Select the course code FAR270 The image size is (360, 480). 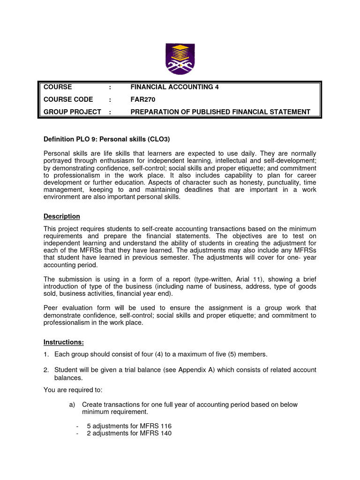coord(142,99)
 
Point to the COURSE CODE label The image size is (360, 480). coord(68,99)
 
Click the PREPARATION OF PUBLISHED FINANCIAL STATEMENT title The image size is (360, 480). coord(220,112)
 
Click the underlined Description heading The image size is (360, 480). coord(62,216)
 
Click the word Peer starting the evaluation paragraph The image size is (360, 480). coord(52,307)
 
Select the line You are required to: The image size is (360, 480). coord(73,390)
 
